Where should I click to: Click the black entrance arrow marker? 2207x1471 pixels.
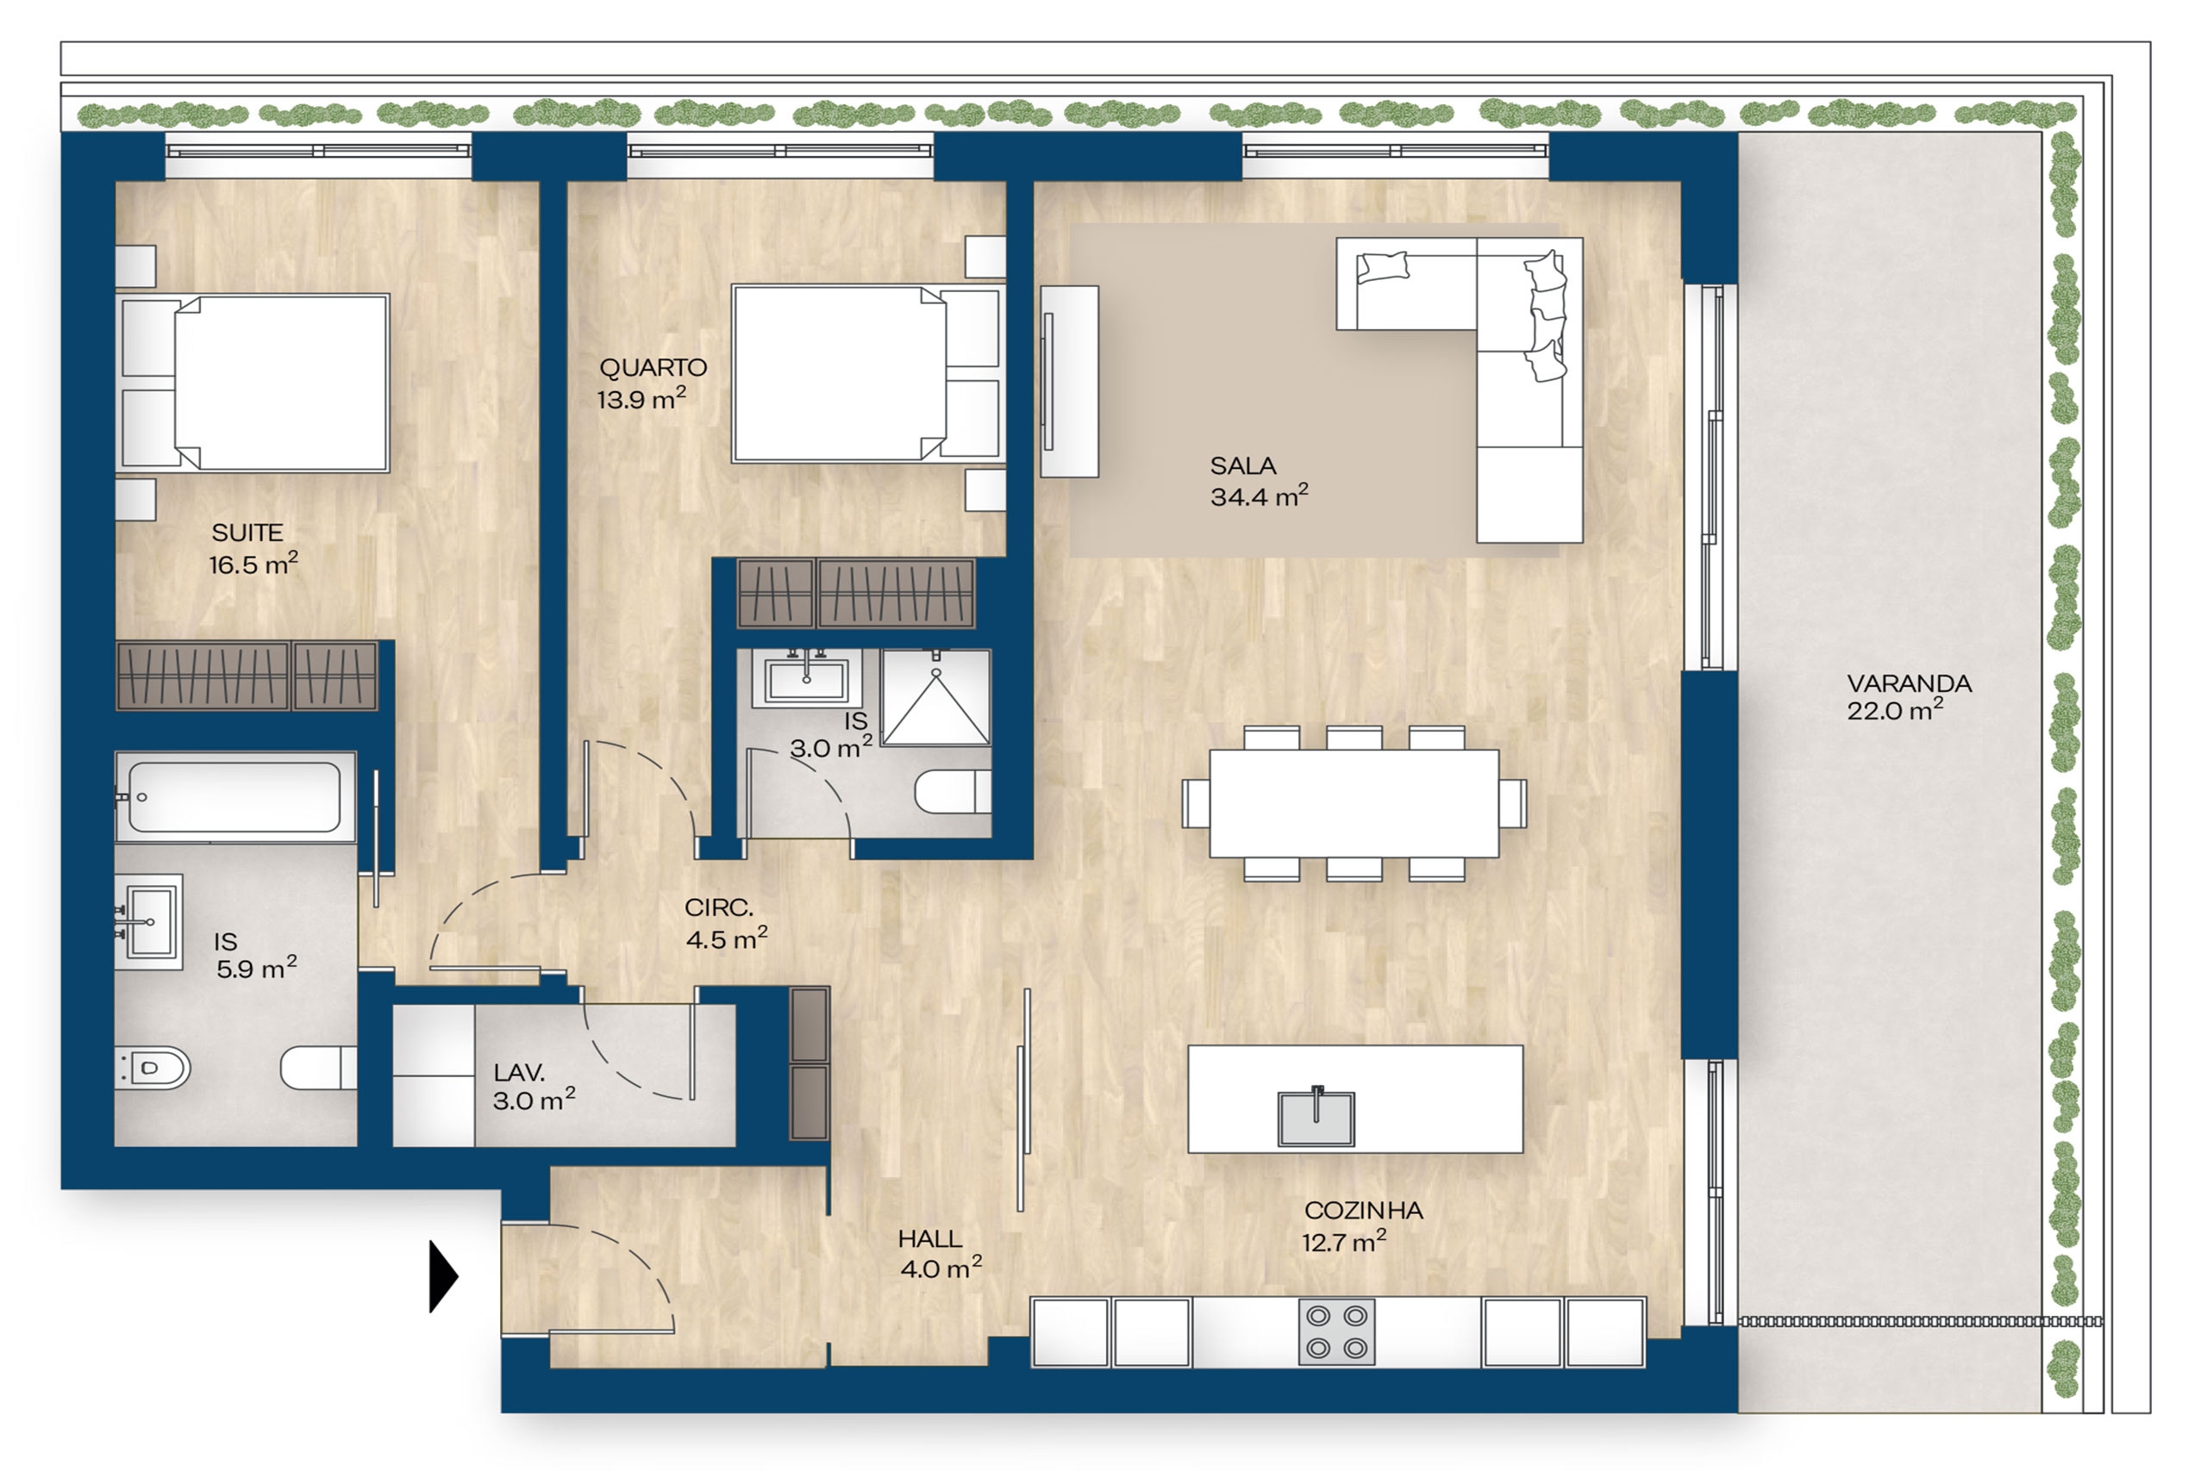point(443,1276)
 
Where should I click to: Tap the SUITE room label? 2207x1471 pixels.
point(247,533)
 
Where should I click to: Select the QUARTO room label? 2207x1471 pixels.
point(653,368)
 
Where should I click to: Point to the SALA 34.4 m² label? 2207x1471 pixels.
point(1259,481)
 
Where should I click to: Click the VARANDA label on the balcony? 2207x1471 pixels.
point(1909,684)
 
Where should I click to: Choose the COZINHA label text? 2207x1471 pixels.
point(1363,1211)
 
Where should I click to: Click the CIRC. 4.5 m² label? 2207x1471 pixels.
point(726,923)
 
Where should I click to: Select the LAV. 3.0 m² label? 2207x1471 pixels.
point(534,1087)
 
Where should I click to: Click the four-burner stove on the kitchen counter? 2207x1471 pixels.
point(1337,1332)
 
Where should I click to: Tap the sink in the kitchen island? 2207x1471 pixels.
point(1316,1118)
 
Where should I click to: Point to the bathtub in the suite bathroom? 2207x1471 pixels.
point(234,796)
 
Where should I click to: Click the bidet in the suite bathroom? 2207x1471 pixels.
point(152,1068)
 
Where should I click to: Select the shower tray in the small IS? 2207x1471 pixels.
point(935,698)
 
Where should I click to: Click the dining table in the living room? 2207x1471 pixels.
point(1354,804)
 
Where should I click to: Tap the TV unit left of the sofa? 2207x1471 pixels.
point(1069,382)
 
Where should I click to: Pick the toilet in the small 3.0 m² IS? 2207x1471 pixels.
point(953,791)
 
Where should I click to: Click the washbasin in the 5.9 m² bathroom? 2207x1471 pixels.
point(149,922)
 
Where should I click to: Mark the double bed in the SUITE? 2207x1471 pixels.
point(253,383)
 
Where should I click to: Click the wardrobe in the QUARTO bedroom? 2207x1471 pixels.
point(856,593)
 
